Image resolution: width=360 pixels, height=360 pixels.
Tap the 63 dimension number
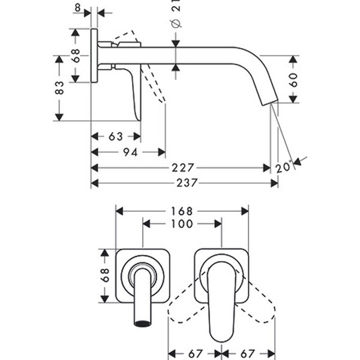[x=116, y=136]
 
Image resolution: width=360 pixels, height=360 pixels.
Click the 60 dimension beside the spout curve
[x=293, y=79]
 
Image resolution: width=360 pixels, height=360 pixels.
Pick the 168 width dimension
[x=181, y=211]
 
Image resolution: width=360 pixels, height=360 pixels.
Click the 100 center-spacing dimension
[x=181, y=224]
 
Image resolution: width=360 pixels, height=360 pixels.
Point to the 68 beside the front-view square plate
[x=105, y=275]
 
